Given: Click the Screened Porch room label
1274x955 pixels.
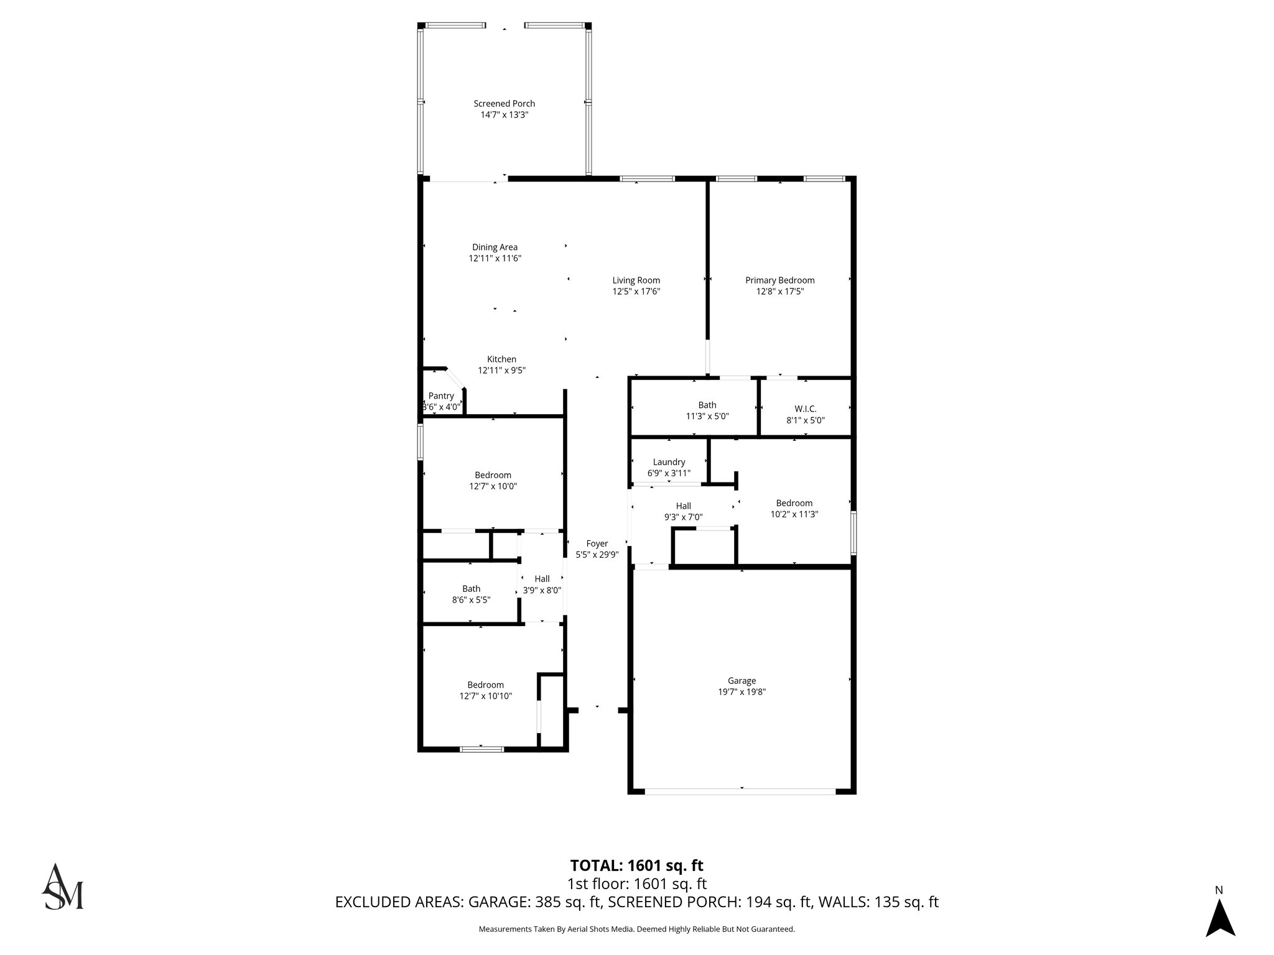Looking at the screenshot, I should tap(504, 104).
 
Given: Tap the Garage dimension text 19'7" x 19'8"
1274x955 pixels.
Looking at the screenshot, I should tap(742, 692).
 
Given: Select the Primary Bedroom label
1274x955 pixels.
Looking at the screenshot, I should tap(779, 280).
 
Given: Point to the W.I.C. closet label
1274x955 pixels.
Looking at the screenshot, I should tap(805, 409).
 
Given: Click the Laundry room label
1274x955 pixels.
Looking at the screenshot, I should tap(669, 462).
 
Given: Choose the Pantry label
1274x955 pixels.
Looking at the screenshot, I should tap(441, 396).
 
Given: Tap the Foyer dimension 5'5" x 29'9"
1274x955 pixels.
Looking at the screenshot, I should tap(597, 555).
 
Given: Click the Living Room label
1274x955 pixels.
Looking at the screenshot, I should tap(636, 280).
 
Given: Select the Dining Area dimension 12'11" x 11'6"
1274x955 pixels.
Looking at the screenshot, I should tap(495, 259).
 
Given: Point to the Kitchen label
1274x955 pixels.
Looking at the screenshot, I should tap(501, 359).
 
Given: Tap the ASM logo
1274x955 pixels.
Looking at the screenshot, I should tap(62, 887).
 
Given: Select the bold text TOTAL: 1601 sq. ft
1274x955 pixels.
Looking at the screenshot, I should tap(636, 865).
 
